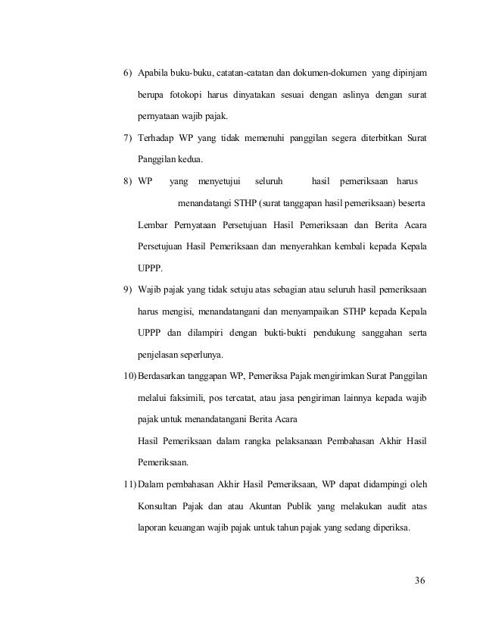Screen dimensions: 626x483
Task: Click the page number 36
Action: (x=421, y=581)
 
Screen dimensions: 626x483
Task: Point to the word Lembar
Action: (x=154, y=225)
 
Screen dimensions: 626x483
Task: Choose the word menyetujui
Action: (x=218, y=182)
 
